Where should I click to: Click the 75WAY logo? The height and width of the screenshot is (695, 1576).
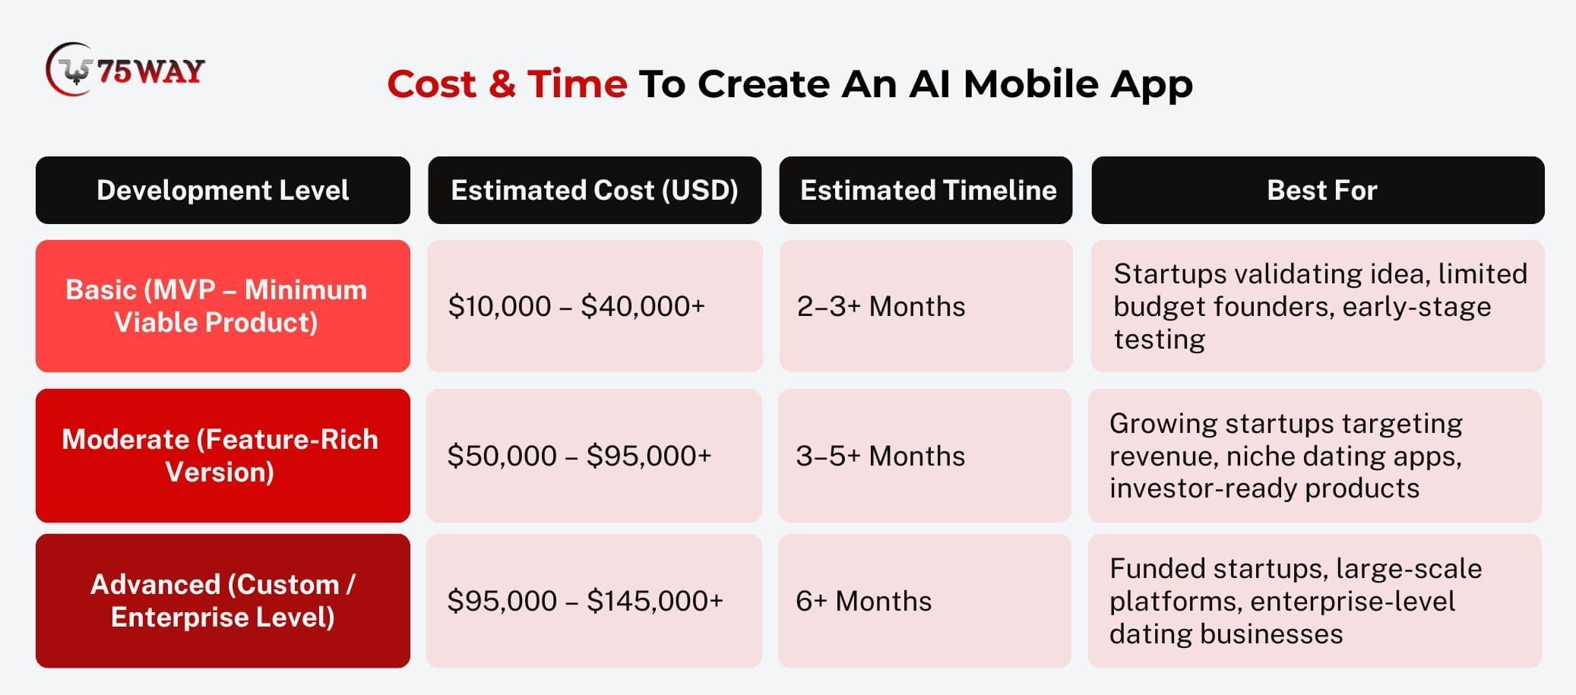pyautogui.click(x=125, y=70)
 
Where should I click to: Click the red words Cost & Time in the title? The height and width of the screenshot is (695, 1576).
pyautogui.click(x=507, y=84)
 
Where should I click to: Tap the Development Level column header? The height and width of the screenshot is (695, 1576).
pyautogui.click(x=223, y=190)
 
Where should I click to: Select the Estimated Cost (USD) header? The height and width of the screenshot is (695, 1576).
pyautogui.click(x=594, y=190)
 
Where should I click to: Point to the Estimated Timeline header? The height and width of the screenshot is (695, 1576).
pyautogui.click(x=926, y=190)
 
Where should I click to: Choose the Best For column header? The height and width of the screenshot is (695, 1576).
pyautogui.click(x=1318, y=190)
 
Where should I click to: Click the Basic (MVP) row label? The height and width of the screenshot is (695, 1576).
pyautogui.click(x=223, y=306)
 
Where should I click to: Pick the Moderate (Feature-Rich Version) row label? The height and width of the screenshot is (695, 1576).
pyautogui.click(x=223, y=456)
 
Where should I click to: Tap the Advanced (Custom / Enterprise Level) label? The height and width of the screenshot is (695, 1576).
pyautogui.click(x=223, y=601)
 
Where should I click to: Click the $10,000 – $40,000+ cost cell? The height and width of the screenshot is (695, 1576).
pyautogui.click(x=594, y=306)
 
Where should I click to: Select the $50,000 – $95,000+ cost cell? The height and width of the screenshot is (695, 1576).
pyautogui.click(x=594, y=456)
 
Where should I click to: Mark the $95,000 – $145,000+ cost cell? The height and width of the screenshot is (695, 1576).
pyautogui.click(x=594, y=601)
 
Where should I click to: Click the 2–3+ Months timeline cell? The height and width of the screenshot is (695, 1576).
pyautogui.click(x=926, y=306)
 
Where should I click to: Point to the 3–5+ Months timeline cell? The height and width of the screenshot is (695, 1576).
pyautogui.click(x=926, y=456)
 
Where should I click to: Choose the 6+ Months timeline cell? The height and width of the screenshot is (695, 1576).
pyautogui.click(x=926, y=601)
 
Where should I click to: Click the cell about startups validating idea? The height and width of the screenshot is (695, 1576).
pyautogui.click(x=1318, y=306)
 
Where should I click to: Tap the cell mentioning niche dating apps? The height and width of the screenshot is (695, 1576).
pyautogui.click(x=1315, y=456)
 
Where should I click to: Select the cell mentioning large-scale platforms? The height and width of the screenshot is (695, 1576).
pyautogui.click(x=1315, y=601)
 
